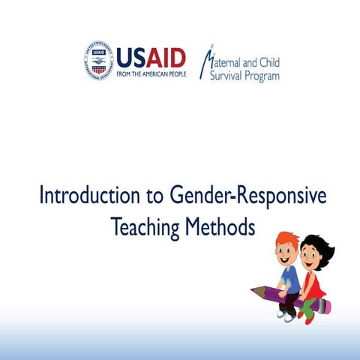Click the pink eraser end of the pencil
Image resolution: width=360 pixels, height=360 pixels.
pos(327,306)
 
